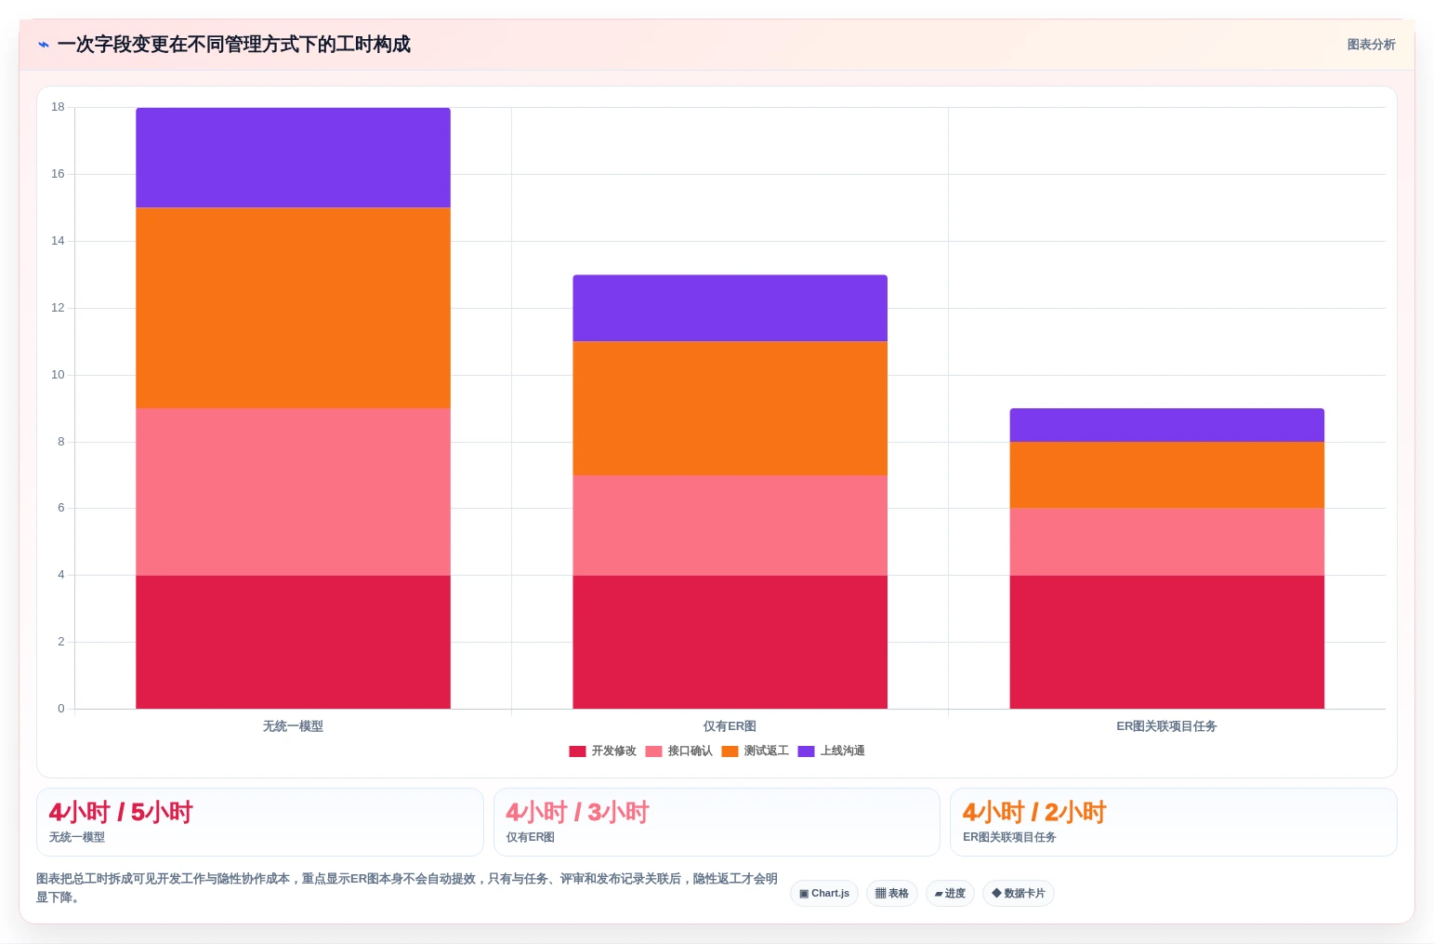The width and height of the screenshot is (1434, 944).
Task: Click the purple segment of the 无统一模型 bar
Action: point(293,158)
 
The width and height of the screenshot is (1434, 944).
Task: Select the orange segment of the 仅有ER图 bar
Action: point(730,408)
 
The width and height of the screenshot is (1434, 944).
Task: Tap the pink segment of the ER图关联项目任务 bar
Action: point(1166,541)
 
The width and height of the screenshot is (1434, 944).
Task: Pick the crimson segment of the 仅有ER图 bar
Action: point(730,642)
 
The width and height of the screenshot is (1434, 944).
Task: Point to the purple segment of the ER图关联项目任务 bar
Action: point(1166,425)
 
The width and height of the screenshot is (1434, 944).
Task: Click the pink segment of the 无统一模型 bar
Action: point(293,492)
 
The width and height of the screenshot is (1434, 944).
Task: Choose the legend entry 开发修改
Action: point(602,751)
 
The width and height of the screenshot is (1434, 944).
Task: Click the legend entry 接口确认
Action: point(678,751)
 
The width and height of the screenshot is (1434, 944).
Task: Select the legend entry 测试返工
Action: point(755,751)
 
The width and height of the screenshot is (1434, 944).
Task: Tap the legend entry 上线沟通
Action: point(831,751)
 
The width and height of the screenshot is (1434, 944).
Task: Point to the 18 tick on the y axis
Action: point(58,107)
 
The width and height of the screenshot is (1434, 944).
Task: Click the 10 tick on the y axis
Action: point(58,374)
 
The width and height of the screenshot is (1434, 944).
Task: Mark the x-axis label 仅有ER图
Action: point(730,726)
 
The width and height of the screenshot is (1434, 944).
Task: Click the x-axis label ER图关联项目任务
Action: point(1166,726)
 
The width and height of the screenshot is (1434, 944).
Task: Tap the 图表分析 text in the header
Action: point(1371,45)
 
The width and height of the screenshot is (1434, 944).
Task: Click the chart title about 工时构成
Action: point(233,45)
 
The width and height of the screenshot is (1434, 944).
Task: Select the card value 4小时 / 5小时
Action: point(121,812)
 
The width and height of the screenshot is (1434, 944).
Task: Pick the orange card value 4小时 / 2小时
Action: point(1033,812)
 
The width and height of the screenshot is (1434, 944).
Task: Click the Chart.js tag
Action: point(824,893)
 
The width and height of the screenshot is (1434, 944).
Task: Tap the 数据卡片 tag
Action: point(1018,893)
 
